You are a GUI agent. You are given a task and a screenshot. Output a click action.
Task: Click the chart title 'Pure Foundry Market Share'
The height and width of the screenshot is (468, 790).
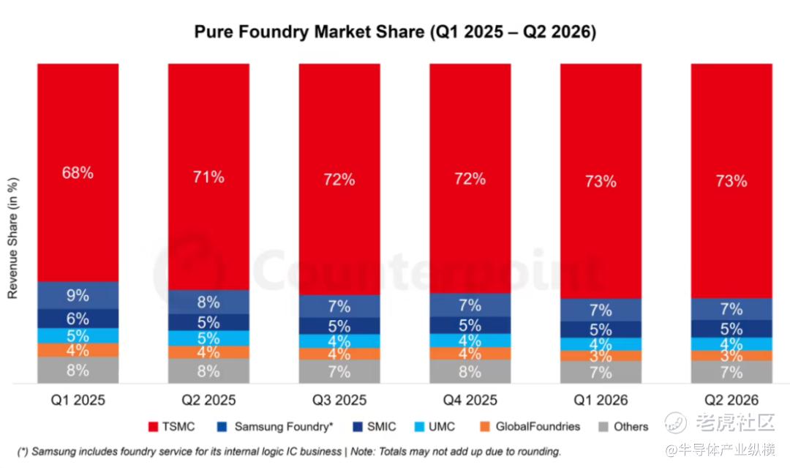click(309, 31)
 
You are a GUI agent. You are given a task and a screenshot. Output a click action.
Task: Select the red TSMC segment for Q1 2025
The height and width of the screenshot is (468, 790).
click(78, 172)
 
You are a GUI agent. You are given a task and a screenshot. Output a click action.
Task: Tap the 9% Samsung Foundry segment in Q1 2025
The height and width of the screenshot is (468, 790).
click(78, 295)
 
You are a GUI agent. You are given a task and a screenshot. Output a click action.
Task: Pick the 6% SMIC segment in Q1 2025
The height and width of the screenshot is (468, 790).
click(78, 319)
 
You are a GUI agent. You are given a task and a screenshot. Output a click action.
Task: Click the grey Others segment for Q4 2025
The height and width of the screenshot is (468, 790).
click(470, 371)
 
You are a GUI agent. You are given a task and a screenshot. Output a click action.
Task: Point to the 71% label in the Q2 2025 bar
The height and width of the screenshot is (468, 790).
click(208, 177)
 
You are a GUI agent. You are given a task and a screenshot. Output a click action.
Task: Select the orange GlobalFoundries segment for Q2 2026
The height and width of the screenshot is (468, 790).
click(731, 356)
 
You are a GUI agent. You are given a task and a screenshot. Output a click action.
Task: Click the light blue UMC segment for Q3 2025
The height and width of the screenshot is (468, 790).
click(339, 341)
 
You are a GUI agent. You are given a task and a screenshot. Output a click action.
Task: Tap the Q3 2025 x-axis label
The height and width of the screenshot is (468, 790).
click(339, 401)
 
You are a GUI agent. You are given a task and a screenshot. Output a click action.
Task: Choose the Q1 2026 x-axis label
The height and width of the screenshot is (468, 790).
click(601, 401)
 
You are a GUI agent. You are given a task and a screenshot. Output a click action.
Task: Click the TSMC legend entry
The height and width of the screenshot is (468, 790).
click(172, 427)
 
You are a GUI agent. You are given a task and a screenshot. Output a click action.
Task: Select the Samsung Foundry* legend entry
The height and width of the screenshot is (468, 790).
click(275, 427)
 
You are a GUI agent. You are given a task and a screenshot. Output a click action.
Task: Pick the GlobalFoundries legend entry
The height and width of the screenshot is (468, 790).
click(530, 427)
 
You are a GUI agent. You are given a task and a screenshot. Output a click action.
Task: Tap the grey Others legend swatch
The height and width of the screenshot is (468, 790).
click(603, 427)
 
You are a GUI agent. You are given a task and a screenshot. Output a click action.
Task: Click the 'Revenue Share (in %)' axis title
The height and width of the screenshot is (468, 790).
click(12, 238)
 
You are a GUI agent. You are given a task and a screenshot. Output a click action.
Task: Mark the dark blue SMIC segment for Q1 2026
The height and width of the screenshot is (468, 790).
click(601, 330)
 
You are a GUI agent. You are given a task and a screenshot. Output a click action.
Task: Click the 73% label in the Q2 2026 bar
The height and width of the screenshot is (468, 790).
click(731, 181)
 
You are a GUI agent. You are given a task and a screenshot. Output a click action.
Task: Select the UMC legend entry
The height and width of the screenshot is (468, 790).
click(434, 427)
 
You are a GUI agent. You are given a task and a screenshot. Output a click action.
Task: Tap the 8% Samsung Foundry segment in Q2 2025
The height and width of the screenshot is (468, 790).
click(208, 302)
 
